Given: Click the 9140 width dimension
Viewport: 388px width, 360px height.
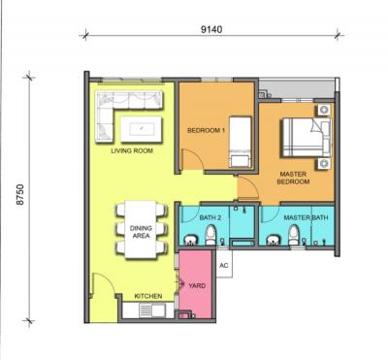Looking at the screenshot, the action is (x=211, y=30).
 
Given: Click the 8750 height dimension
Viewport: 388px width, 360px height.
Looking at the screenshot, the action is (x=20, y=194).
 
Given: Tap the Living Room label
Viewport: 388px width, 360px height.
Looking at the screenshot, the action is (x=132, y=150).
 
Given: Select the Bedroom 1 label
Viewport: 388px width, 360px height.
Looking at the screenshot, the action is (x=206, y=131).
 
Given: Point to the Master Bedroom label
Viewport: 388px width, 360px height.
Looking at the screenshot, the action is (x=293, y=178).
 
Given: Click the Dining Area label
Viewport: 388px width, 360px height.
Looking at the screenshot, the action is (x=141, y=232).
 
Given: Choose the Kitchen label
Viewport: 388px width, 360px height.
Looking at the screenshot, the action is (x=148, y=296).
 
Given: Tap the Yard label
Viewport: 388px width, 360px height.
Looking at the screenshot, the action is (x=197, y=286).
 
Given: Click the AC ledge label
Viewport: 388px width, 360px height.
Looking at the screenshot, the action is (x=224, y=266).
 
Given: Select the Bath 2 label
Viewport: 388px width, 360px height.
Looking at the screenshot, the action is (x=210, y=217).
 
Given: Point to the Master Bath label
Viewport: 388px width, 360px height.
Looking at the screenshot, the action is (x=306, y=217).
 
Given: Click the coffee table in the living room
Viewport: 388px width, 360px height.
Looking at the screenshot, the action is (x=141, y=129).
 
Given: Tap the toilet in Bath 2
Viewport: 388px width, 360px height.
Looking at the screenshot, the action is (x=210, y=235).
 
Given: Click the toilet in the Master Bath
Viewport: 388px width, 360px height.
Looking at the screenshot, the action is (x=294, y=235).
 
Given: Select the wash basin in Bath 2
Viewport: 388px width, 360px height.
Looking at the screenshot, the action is (x=191, y=241).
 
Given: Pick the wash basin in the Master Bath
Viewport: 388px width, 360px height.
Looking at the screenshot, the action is (x=274, y=241).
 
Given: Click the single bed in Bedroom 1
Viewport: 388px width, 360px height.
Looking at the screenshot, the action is (x=241, y=142).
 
